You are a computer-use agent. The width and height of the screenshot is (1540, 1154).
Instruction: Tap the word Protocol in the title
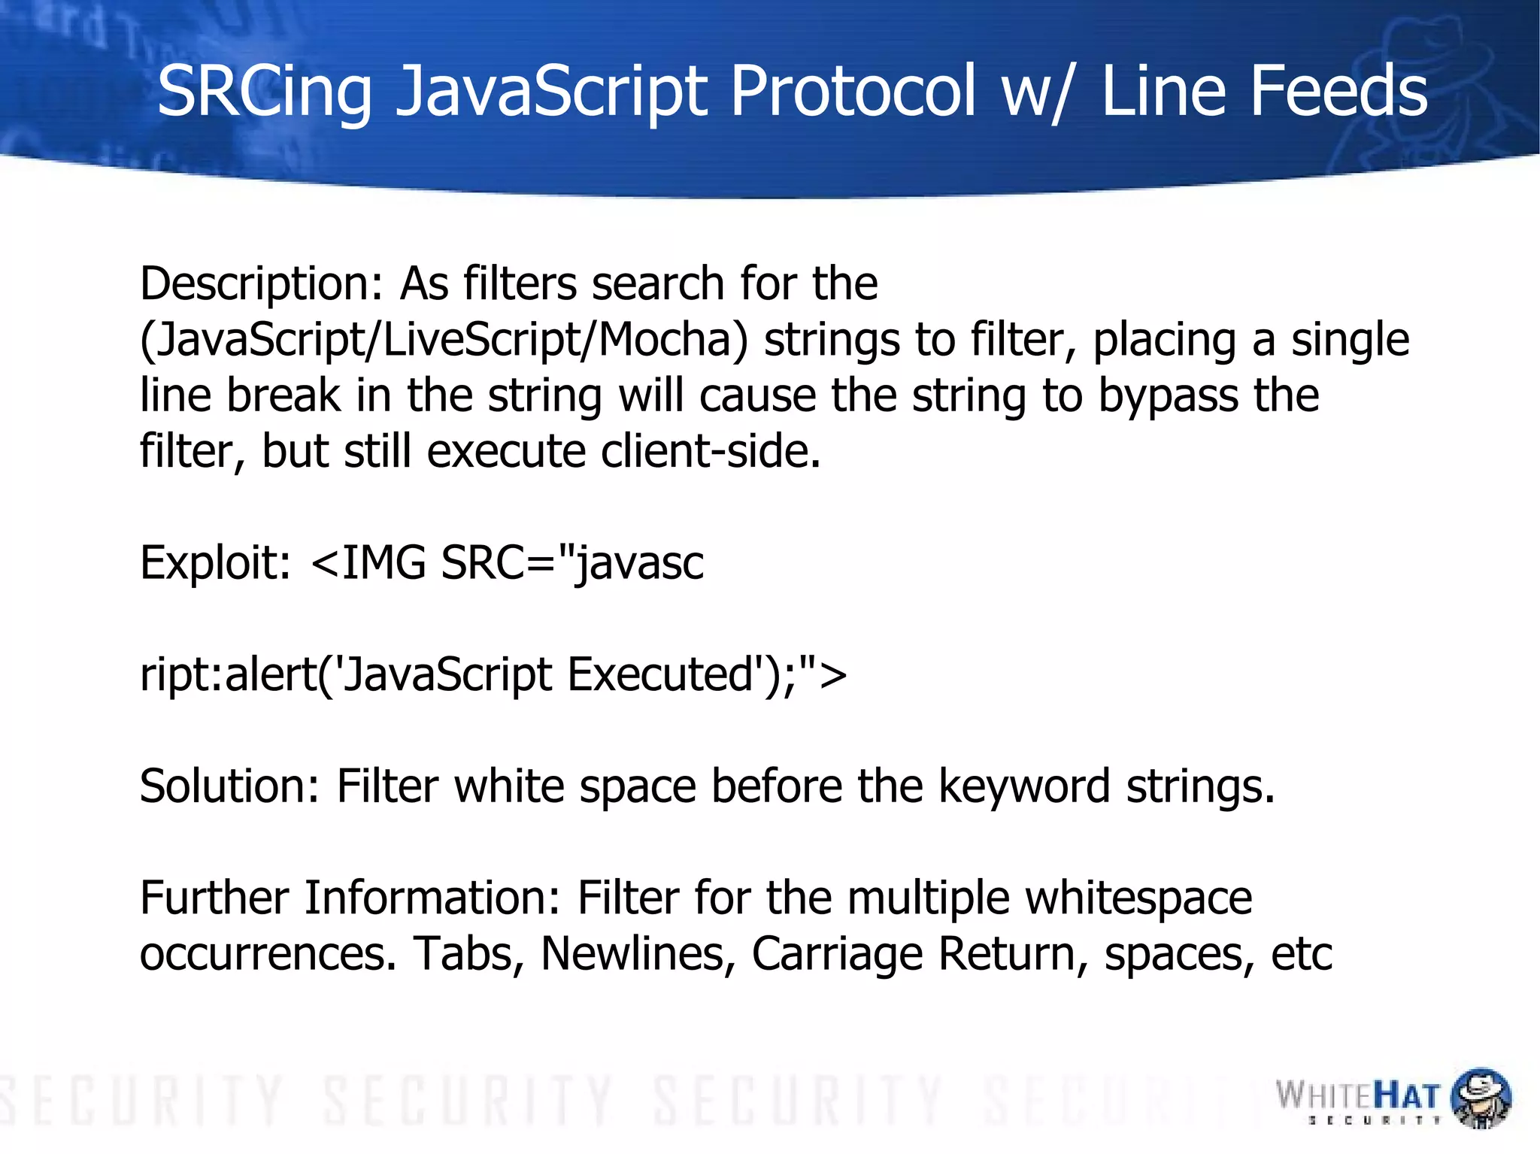click(x=853, y=92)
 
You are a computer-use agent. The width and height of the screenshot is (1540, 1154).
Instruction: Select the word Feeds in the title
click(x=1338, y=92)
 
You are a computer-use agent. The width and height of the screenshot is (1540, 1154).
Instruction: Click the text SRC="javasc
click(x=572, y=562)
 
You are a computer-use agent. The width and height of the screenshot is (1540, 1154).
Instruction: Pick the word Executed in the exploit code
click(x=660, y=674)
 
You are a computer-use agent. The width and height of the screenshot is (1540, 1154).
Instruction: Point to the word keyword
click(x=1024, y=786)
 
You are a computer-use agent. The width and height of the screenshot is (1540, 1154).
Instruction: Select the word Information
click(x=432, y=898)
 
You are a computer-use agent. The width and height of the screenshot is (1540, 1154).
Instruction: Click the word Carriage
click(x=837, y=953)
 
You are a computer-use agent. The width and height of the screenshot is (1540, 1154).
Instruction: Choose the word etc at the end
click(x=1301, y=953)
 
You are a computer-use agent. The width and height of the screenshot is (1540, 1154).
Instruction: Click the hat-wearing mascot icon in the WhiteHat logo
click(x=1480, y=1098)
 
